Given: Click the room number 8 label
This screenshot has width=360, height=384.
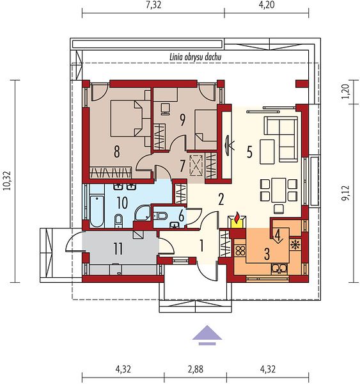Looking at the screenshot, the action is pyautogui.click(x=117, y=151).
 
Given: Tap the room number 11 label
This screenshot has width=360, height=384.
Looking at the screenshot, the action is pyautogui.click(x=118, y=249).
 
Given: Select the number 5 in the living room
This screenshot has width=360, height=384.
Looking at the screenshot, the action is pyautogui.click(x=249, y=152).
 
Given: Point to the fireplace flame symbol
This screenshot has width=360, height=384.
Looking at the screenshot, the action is pyautogui.click(x=237, y=218).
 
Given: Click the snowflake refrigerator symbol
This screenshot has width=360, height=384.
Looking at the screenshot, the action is pyautogui.click(x=295, y=244).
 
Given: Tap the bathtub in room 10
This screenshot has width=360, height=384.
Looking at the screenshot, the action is pyautogui.click(x=97, y=211).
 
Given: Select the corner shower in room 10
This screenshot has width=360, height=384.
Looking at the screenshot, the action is pyautogui.click(x=143, y=213).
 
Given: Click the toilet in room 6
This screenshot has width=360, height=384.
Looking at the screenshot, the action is pyautogui.click(x=160, y=216).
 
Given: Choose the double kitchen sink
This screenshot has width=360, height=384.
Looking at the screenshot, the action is pyautogui.click(x=280, y=269).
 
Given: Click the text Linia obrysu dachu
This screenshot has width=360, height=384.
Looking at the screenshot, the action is pyautogui.click(x=196, y=58).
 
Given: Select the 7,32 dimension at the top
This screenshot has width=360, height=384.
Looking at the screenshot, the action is pyautogui.click(x=153, y=5).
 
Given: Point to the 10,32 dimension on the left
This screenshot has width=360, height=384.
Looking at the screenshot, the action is pyautogui.click(x=7, y=181).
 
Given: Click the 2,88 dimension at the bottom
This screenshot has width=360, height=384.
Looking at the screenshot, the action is pyautogui.click(x=195, y=369).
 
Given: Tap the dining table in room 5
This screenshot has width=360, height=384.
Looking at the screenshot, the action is pyautogui.click(x=279, y=190).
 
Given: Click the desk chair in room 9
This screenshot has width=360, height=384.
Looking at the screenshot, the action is pyautogui.click(x=165, y=109).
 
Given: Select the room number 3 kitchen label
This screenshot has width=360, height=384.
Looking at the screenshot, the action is pyautogui.click(x=267, y=253).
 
